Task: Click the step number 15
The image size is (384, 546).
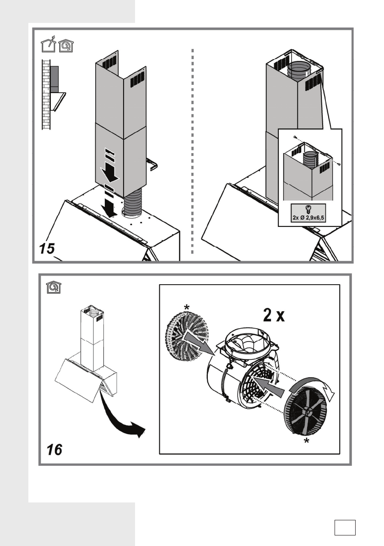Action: point(47,248)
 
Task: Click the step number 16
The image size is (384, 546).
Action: point(54,450)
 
